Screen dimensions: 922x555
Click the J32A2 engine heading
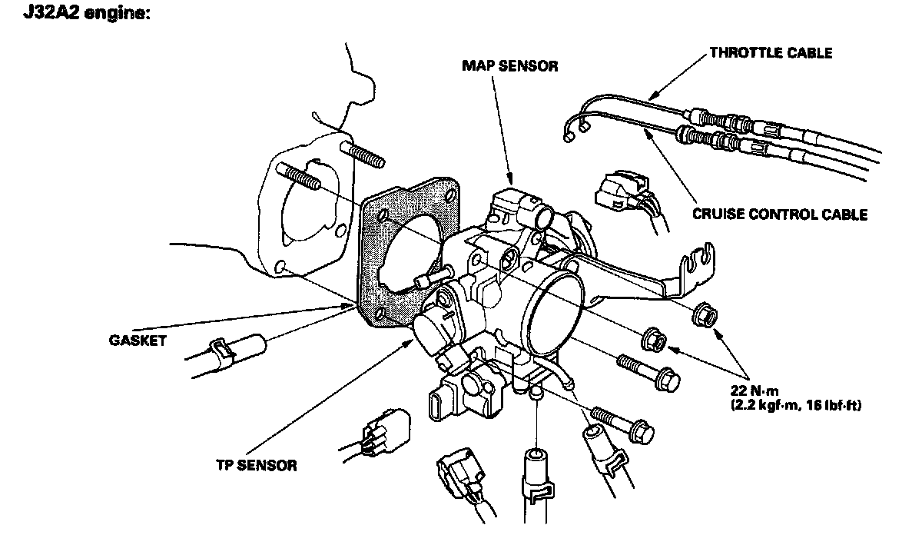tap(86, 13)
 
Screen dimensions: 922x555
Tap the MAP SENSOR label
tap(510, 66)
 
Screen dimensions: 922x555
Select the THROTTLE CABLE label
tap(771, 53)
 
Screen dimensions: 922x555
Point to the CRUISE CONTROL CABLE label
tap(780, 214)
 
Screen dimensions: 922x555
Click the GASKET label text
tap(138, 341)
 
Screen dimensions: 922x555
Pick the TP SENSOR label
tap(257, 465)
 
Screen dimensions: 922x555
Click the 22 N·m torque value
tap(755, 390)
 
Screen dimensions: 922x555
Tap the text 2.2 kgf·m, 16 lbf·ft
tap(796, 406)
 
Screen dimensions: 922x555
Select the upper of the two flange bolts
tap(648, 373)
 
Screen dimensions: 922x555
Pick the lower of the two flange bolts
tap(622, 426)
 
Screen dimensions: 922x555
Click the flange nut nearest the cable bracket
tap(705, 315)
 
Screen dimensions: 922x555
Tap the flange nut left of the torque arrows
tap(654, 340)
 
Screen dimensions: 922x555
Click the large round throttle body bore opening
tap(554, 314)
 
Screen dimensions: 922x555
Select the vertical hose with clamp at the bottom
tap(536, 486)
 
